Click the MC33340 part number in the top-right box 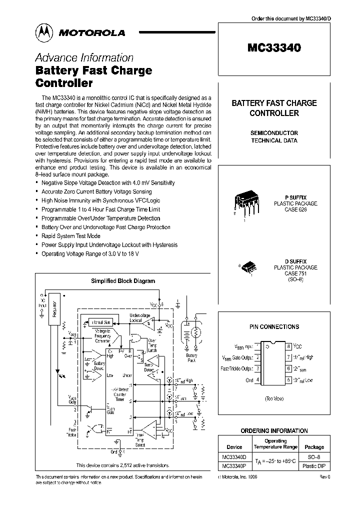tap(274, 48)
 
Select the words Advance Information tap(84, 57)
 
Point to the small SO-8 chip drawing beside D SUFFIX tap(248, 268)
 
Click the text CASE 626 tap(295, 210)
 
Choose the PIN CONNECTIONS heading tap(274, 326)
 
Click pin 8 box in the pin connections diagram tap(288, 346)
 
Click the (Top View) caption tap(274, 398)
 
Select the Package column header tap(314, 447)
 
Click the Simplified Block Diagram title tap(122, 281)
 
